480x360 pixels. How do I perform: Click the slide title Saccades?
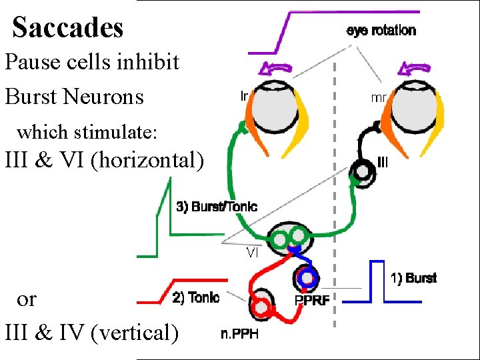coord(68,28)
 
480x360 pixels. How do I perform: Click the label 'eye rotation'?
coord(381,31)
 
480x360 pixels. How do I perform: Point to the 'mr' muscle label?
coord(378,97)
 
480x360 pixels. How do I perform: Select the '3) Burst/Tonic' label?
coord(217,207)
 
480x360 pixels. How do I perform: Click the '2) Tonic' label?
coord(195,298)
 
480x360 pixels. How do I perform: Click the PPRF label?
coord(311,301)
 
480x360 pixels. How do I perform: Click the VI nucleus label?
coord(253,253)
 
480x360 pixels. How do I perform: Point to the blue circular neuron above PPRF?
coord(306,277)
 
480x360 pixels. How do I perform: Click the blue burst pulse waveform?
coord(377,280)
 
